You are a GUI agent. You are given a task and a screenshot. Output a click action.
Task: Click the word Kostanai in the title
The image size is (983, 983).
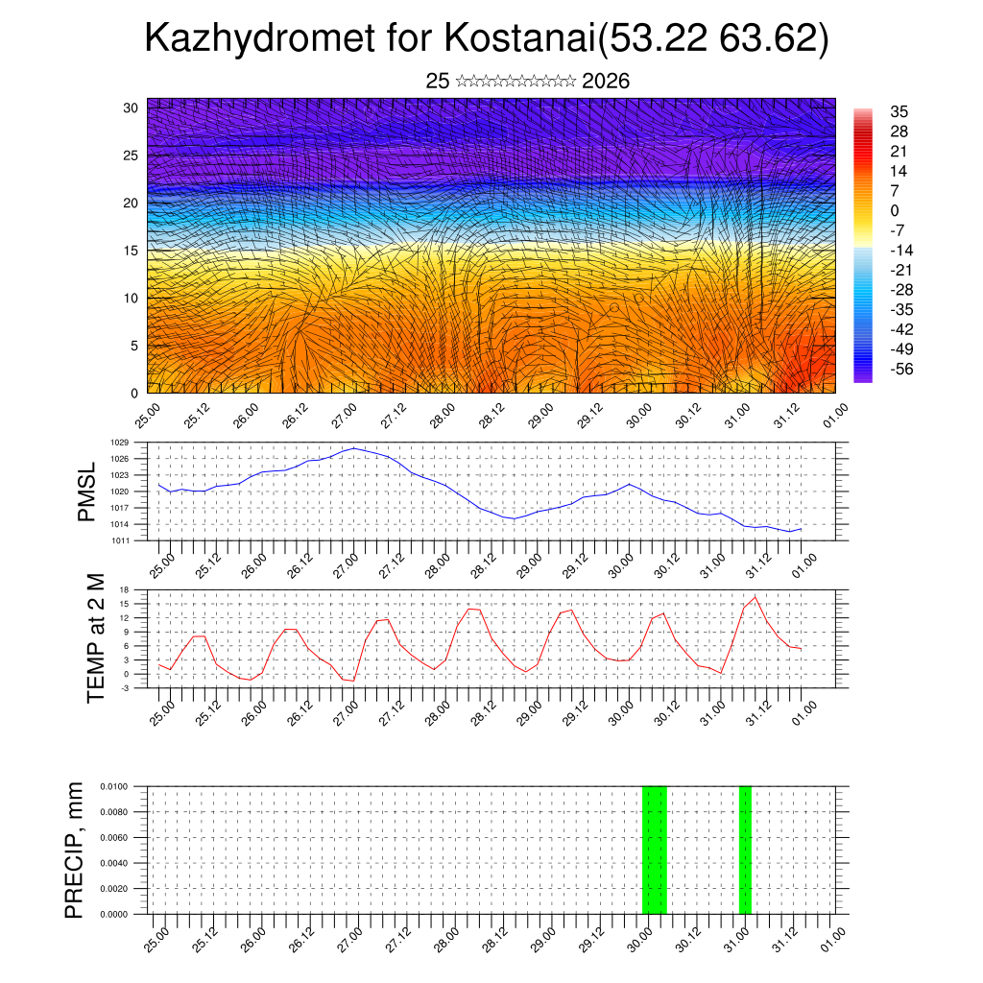click(x=519, y=39)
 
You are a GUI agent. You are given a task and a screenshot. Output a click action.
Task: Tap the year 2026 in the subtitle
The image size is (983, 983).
click(x=605, y=82)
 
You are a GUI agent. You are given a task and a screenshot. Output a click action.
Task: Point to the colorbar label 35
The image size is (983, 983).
click(x=899, y=111)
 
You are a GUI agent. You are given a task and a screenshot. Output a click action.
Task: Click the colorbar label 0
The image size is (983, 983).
click(x=895, y=210)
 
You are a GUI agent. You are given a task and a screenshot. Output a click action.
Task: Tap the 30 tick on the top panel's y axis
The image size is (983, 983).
click(x=131, y=108)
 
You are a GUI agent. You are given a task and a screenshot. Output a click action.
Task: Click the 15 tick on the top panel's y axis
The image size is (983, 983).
click(x=131, y=251)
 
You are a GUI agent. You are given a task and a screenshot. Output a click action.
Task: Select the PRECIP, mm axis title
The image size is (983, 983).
click(x=74, y=850)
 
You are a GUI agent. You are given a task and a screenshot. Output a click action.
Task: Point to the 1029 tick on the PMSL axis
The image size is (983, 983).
click(x=120, y=443)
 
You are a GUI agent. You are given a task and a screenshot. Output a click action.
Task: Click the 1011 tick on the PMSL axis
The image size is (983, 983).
click(x=120, y=540)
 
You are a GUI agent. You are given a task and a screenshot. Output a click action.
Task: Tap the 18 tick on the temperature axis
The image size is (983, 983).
click(x=124, y=589)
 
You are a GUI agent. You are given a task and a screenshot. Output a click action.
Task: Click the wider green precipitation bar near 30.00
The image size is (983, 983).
click(x=654, y=850)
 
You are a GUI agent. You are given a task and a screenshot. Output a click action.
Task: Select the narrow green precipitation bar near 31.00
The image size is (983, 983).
click(x=745, y=850)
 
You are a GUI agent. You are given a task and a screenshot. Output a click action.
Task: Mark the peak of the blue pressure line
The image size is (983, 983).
click(x=353, y=448)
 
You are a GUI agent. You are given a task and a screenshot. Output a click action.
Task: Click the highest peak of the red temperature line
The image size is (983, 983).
click(x=755, y=597)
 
